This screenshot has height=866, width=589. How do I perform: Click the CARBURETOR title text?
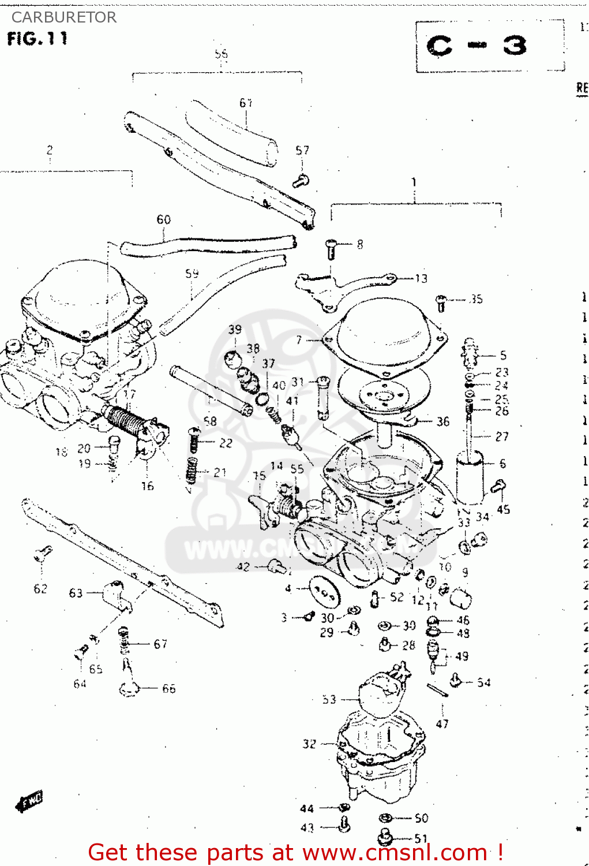tap(63, 17)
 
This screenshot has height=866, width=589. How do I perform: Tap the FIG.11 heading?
tap(37, 39)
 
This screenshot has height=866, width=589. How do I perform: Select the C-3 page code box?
tap(477, 46)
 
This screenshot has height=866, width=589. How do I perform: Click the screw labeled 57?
tap(301, 181)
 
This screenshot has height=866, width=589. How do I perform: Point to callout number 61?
tap(246, 103)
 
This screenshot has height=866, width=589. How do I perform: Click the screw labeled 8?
tap(332, 248)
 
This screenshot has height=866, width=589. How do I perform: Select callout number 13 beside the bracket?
tap(421, 279)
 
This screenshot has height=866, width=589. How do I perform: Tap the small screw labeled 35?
tap(441, 302)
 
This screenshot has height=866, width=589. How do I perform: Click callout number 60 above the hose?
tap(164, 219)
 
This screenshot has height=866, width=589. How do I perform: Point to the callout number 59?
tap(192, 273)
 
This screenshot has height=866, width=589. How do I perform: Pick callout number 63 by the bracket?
tap(76, 593)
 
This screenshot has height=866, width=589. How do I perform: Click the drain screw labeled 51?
tap(385, 837)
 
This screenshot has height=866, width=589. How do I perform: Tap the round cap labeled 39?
tap(233, 359)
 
